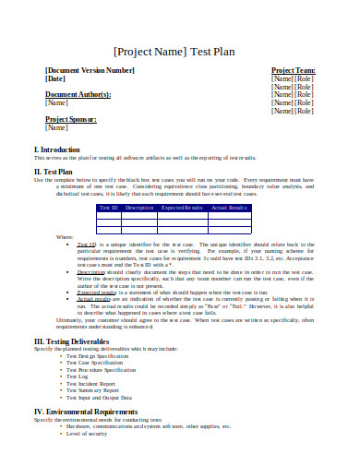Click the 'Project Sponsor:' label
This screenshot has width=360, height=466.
pos(72,119)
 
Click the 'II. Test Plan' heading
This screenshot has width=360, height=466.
pos(54,171)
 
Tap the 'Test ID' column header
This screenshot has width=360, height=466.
pos(110,208)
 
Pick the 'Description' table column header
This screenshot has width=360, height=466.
pos(139,208)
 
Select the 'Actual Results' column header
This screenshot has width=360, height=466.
pos(228,208)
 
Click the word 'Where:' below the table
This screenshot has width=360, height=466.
pos(65,237)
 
